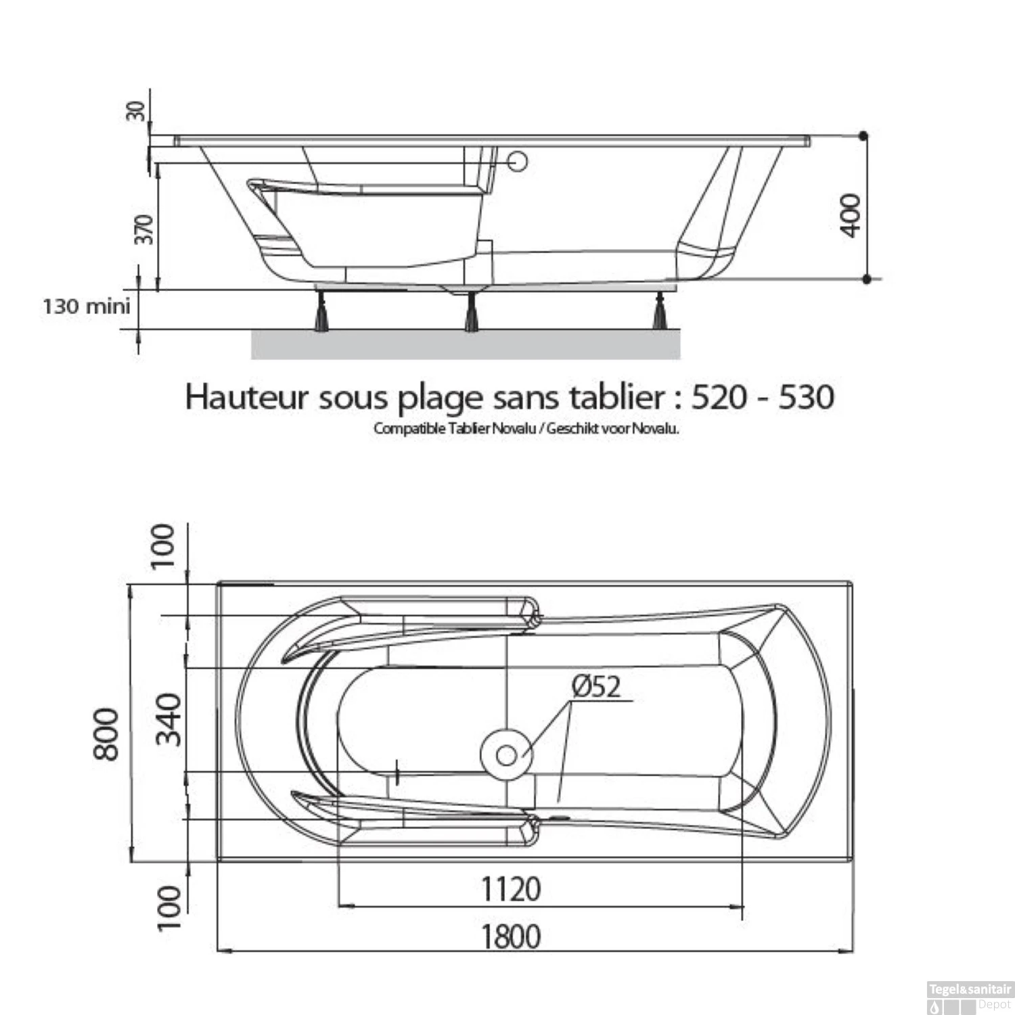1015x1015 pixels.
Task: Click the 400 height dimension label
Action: coord(851,215)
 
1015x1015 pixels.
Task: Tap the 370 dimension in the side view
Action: coord(144,229)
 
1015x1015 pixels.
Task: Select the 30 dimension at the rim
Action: coord(136,110)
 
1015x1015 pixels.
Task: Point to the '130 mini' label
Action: coord(87,307)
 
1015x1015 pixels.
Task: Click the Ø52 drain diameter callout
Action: coord(595,687)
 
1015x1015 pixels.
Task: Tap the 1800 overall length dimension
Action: coord(511,937)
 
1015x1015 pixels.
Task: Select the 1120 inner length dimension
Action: coord(511,888)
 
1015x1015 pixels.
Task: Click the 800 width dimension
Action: coord(107,734)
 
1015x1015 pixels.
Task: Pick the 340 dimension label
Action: coord(169,719)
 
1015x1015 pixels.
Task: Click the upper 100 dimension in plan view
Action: coord(162,546)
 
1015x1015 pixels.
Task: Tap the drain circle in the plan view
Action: coord(506,755)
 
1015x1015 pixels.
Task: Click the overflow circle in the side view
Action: coord(518,162)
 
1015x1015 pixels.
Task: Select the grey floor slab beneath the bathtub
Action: coord(466,345)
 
